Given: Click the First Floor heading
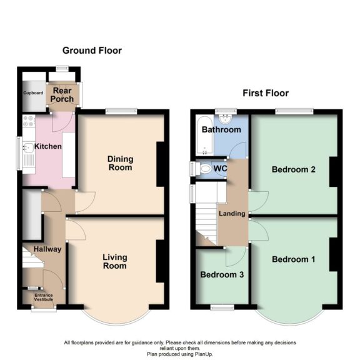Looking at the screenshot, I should point(266,94).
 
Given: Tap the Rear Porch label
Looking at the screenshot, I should point(62,94).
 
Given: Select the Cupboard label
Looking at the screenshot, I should point(34,93).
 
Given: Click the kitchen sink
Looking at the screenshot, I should point(28,149).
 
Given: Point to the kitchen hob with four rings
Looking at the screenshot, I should point(29,124).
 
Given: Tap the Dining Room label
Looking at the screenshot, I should point(120,163).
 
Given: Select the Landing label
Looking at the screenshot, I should point(231,213).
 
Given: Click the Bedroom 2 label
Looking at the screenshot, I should point(292,169).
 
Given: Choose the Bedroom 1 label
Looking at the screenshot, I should point(290,259).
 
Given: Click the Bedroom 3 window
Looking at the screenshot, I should point(221,306).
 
